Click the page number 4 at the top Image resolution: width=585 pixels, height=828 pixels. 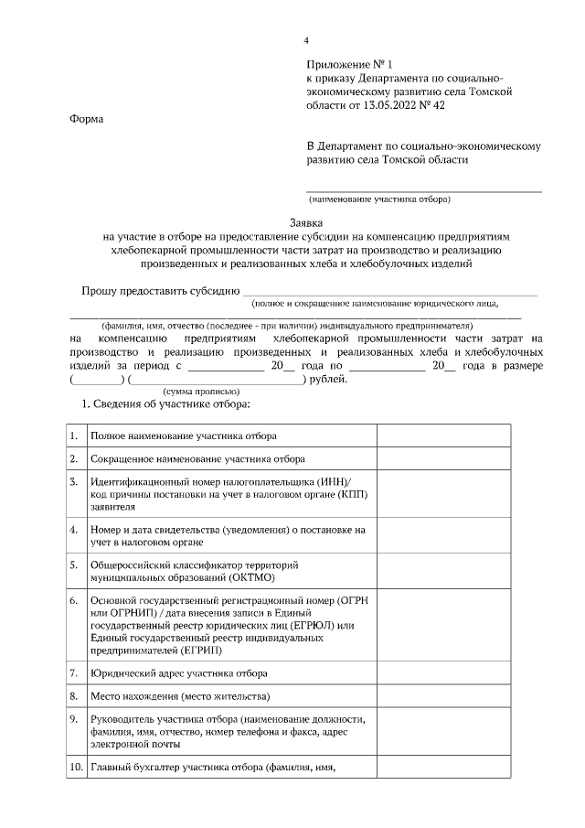point(307,39)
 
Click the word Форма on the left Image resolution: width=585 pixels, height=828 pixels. point(86,119)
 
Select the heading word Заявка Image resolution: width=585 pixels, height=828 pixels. point(307,222)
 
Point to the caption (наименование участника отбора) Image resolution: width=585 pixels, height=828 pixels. point(379,199)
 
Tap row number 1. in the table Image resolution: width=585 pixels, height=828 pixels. point(74,436)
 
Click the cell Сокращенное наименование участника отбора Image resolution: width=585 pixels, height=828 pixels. point(197,458)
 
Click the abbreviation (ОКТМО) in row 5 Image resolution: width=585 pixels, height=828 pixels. point(248,578)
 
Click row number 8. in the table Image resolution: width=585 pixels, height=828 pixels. point(74,696)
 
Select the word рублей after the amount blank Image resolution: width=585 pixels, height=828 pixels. point(328,378)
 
